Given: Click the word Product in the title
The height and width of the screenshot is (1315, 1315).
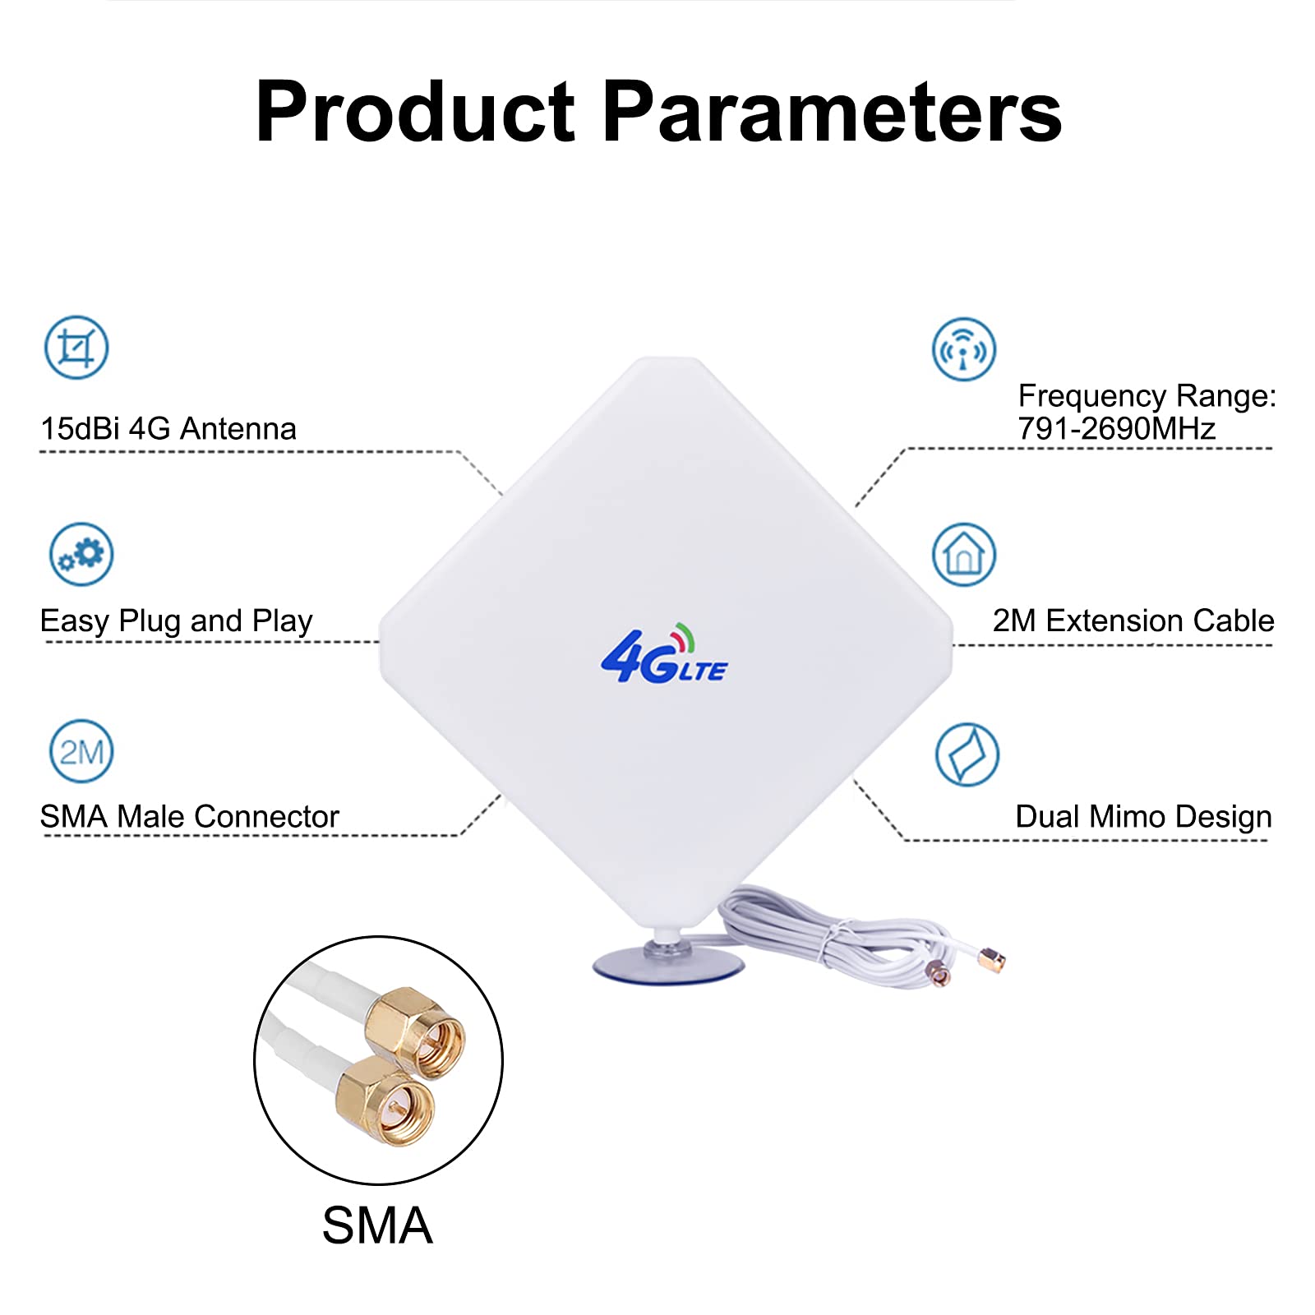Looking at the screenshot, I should pos(415,113).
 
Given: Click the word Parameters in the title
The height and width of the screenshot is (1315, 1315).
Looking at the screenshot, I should pos(832,113).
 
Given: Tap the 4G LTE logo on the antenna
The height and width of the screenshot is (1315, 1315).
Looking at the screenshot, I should pos(664,655).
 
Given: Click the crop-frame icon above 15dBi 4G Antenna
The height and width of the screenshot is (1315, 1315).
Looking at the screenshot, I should pos(76,348).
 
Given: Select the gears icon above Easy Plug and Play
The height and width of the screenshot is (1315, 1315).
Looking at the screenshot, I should pos(81,554).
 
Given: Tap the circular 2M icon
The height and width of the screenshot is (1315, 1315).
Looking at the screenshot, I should pos(81,751).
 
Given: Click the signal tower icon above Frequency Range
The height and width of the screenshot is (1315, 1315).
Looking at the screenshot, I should pos(963,349).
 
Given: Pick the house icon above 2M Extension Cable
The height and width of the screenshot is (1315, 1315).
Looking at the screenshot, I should pos(963,555).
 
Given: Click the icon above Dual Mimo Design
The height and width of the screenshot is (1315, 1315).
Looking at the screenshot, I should pos(967,754).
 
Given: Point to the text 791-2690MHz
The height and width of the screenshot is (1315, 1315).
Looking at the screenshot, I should pos(1116,429).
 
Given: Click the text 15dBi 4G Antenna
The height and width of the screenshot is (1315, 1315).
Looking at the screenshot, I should pos(168,429).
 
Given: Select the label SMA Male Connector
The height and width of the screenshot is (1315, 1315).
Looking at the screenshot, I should pos(189,817).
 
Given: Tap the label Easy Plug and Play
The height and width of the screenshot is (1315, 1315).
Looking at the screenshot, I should pos(176,621).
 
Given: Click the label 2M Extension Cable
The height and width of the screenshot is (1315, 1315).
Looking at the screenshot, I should pos(1133,621).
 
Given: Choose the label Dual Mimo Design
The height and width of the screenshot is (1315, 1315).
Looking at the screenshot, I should pos(1143,817).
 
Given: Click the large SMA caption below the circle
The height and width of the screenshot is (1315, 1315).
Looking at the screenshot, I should pos(377,1225).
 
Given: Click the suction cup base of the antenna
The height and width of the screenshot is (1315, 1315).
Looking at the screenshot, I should pos(667,967).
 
